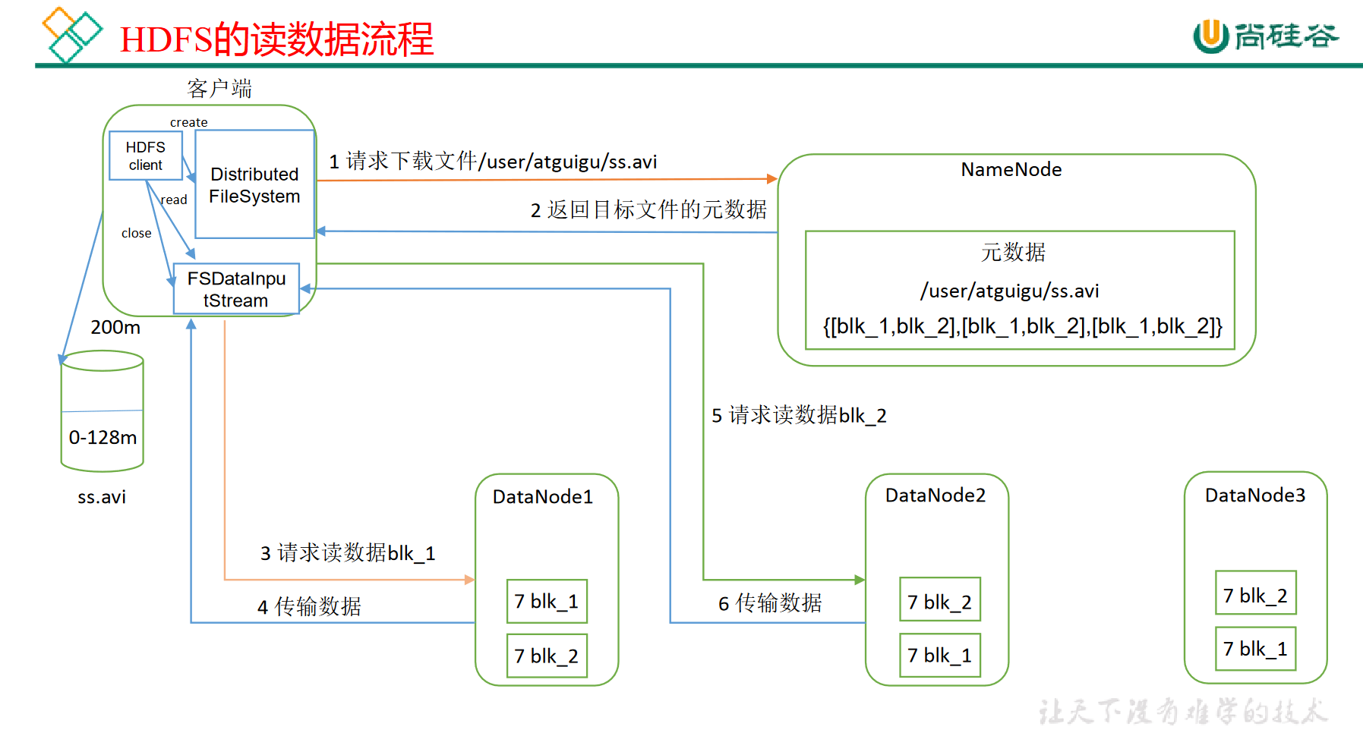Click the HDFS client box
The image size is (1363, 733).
tap(145, 156)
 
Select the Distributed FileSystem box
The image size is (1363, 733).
tap(254, 184)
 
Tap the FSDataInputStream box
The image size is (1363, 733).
tap(236, 289)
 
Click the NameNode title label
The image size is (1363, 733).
tap(1011, 170)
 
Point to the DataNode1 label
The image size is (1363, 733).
tap(542, 497)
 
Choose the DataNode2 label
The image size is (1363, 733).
tap(935, 495)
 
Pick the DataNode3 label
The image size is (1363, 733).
tap(1254, 495)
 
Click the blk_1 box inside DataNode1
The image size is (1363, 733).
tap(547, 602)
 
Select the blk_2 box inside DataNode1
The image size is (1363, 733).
tap(547, 656)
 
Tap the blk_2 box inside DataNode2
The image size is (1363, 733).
tap(939, 602)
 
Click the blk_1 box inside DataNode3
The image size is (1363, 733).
tap(1255, 649)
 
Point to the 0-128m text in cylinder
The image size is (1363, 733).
tap(103, 438)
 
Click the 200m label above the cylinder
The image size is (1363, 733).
tap(115, 328)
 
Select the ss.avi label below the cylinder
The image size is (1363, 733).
tap(102, 498)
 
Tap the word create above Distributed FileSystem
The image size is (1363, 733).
tap(188, 122)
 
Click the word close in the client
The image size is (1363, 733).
tap(136, 234)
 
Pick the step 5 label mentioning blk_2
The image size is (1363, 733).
tap(799, 416)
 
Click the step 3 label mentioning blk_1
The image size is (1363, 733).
tap(348, 553)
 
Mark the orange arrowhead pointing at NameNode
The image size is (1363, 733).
tap(772, 179)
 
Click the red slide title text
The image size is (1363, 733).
tap(276, 39)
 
